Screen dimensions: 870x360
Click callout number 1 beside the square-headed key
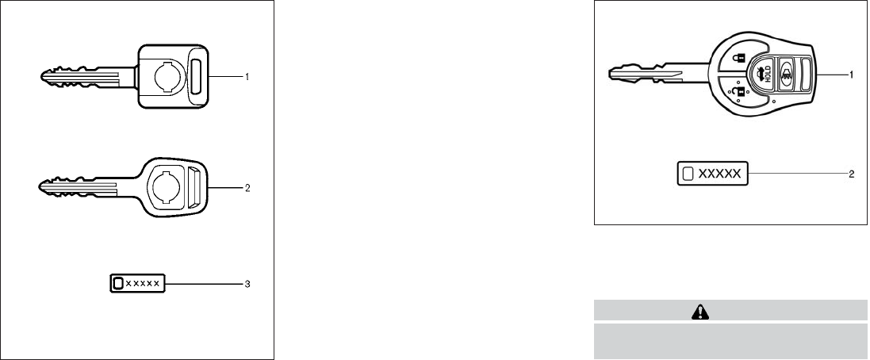tap(247, 76)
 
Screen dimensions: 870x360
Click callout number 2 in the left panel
tap(247, 189)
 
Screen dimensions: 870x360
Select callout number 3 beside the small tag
tap(247, 282)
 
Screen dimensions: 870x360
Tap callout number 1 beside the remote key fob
tap(851, 75)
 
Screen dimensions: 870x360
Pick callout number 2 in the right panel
tap(851, 174)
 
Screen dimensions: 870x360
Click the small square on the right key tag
tap(688, 174)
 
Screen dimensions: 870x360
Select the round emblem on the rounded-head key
tap(167, 189)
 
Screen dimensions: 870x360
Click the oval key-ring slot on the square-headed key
tap(197, 76)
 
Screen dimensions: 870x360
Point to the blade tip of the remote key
tap(611, 75)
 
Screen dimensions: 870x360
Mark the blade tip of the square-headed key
tap(42, 76)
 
